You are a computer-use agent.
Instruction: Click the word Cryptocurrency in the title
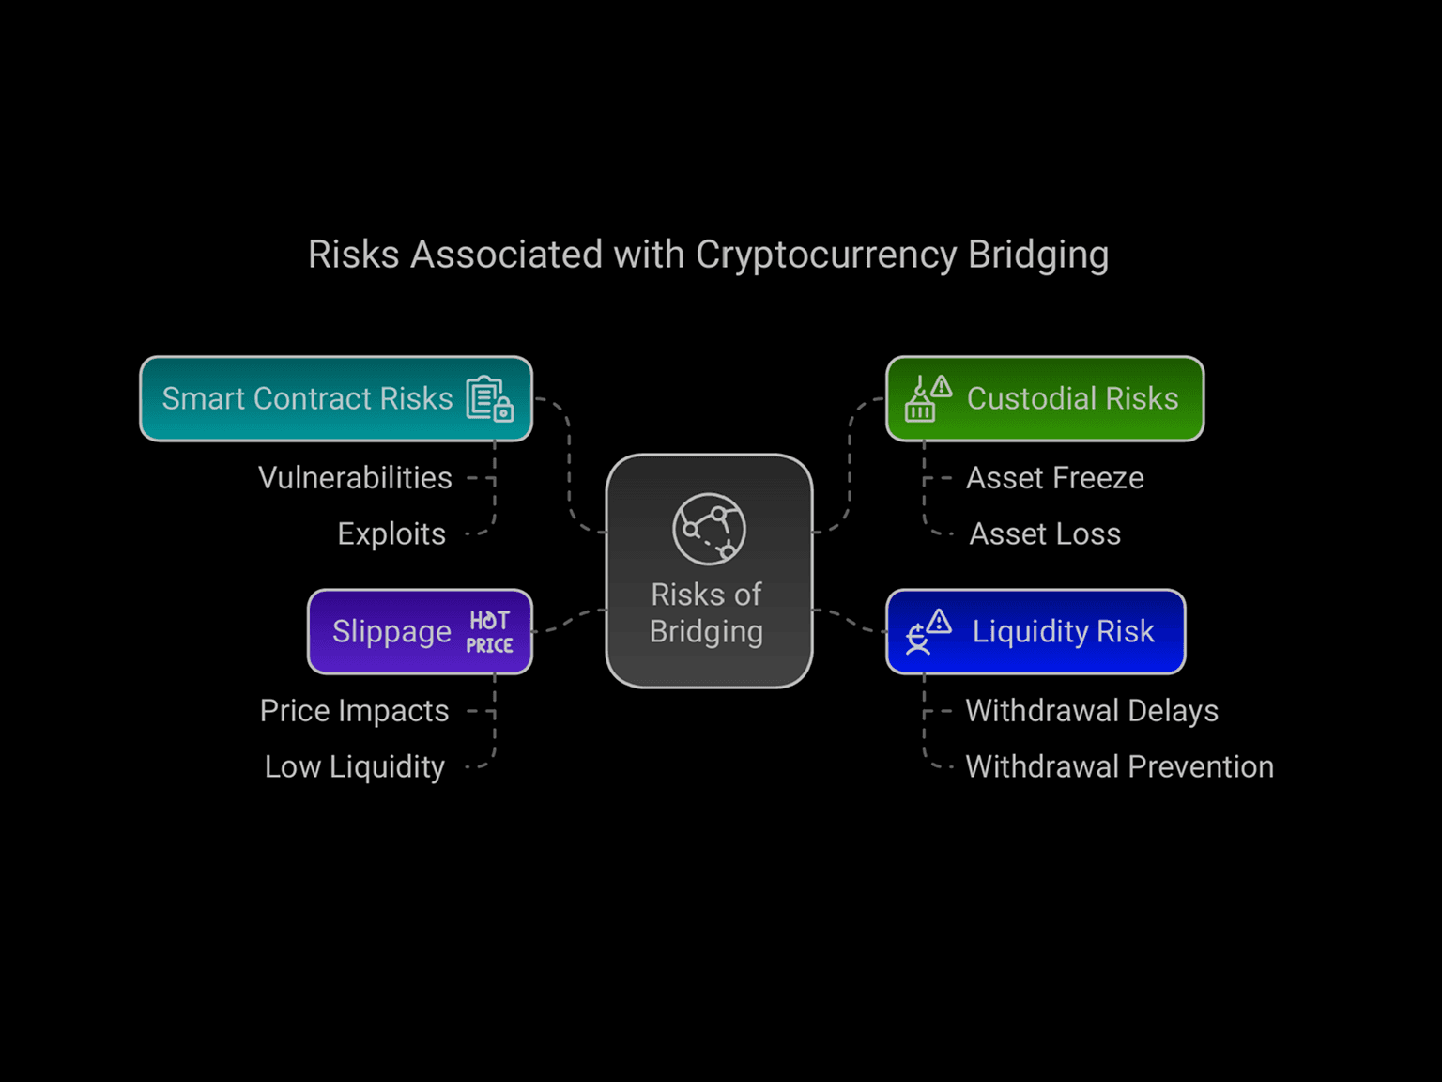[x=826, y=255]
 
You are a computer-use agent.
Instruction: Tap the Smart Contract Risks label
[x=307, y=399]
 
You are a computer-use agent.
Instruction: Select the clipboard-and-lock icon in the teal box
[x=489, y=398]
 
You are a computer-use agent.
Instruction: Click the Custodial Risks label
[x=1072, y=399]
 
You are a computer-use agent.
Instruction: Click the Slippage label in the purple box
[x=391, y=633]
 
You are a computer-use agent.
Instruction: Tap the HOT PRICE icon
[x=489, y=632]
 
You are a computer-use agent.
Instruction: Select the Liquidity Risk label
[x=1063, y=632]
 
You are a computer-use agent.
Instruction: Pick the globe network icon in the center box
[x=709, y=529]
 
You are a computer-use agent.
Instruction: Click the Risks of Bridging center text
[x=706, y=613]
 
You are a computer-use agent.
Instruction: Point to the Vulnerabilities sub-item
[x=355, y=478]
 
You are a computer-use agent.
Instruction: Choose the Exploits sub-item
[x=391, y=534]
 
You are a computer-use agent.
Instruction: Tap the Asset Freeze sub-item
[x=1055, y=478]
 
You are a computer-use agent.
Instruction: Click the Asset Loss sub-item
[x=1045, y=534]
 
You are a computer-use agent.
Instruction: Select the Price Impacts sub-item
[x=354, y=712]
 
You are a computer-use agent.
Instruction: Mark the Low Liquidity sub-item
[x=355, y=767]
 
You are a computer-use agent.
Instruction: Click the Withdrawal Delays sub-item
[x=1092, y=712]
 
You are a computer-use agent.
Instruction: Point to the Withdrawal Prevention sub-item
[x=1119, y=766]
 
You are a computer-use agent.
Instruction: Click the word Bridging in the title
[x=1038, y=255]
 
